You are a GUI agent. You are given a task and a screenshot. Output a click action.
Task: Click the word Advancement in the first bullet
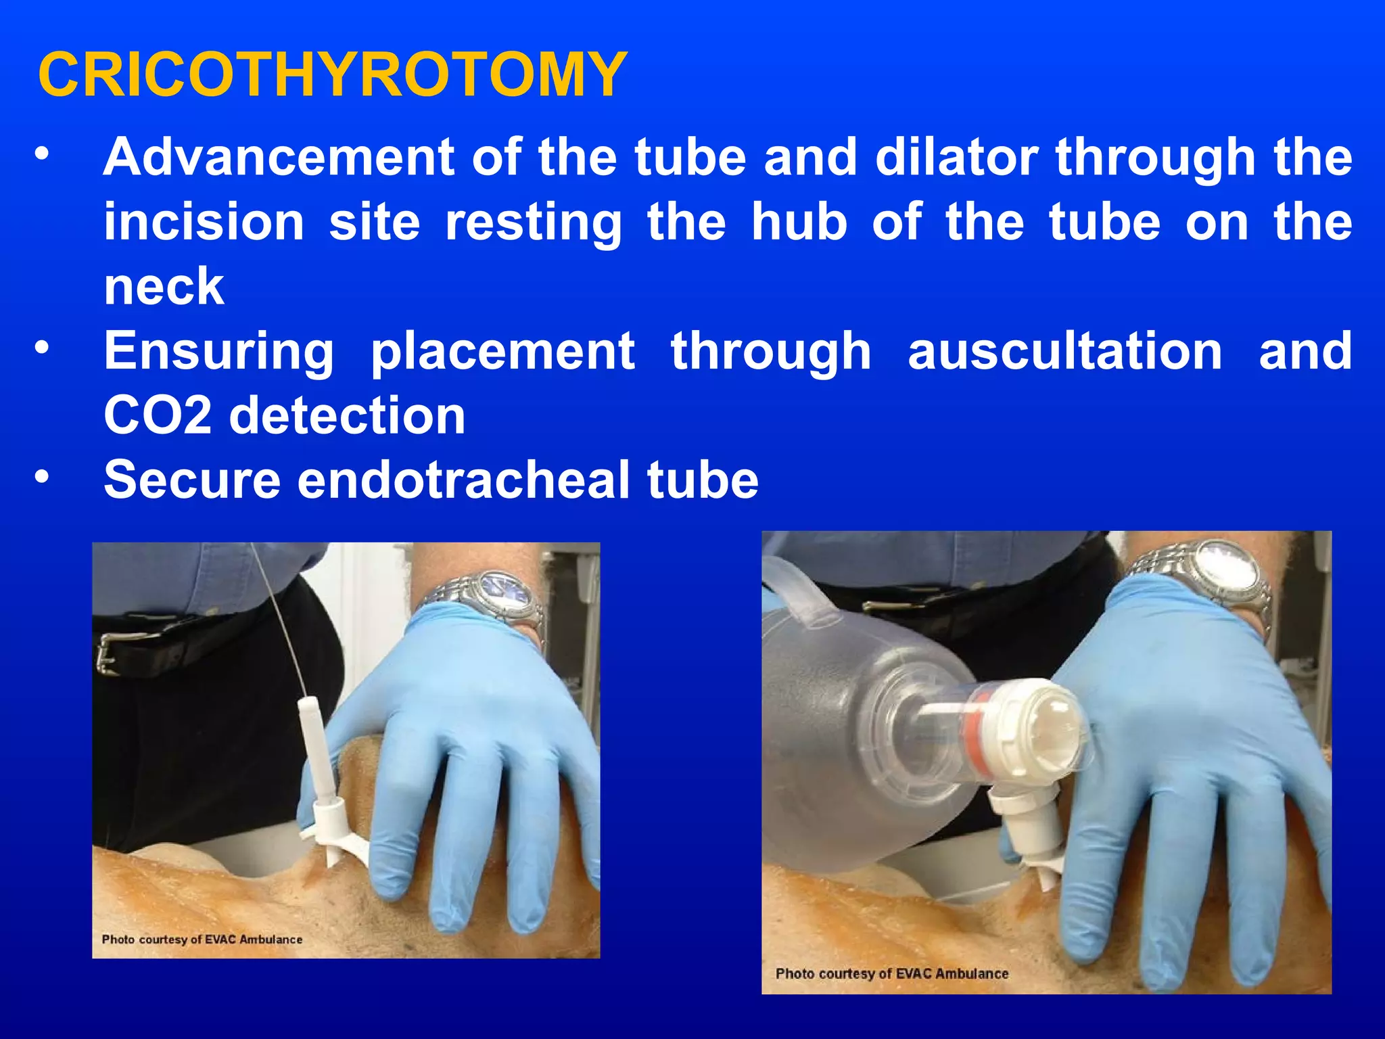pos(278,157)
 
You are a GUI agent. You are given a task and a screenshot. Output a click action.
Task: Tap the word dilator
pos(956,157)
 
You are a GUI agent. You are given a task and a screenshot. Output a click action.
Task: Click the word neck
pos(164,287)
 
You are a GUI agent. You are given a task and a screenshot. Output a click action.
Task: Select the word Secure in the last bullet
pos(192,480)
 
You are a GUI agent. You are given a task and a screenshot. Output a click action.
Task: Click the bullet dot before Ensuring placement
pos(42,349)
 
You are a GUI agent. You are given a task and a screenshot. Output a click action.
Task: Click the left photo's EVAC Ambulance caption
pos(202,940)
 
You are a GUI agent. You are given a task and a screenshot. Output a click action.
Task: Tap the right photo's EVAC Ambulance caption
pos(892,973)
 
